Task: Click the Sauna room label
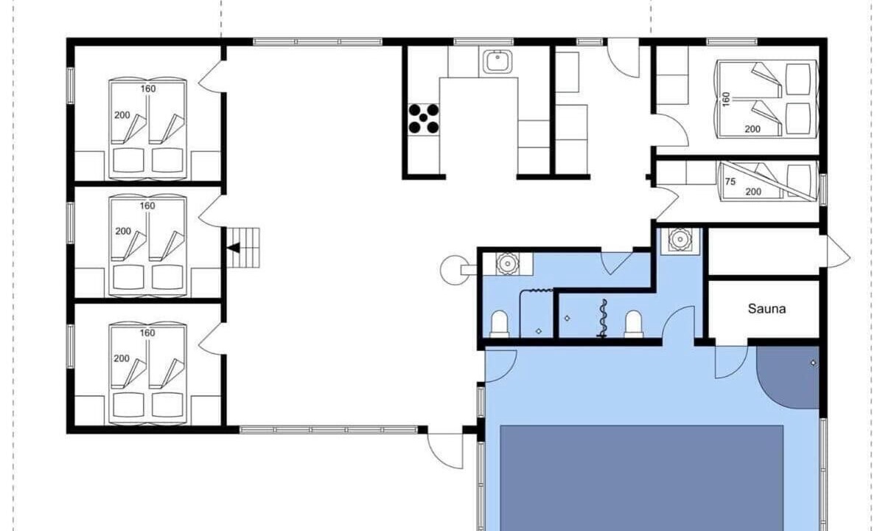point(766,308)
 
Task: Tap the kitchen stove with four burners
point(424,119)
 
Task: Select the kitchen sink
point(497,61)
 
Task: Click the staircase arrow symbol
point(233,248)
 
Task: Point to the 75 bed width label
point(730,182)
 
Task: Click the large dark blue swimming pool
point(641,478)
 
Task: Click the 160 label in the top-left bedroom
point(148,88)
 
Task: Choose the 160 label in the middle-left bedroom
point(147,206)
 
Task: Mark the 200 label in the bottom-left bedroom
point(122,358)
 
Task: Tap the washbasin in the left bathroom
point(507,263)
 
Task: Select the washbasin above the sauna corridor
point(680,240)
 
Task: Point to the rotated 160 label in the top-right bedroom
point(727,100)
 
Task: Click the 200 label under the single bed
point(753,192)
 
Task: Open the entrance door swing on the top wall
point(624,59)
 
